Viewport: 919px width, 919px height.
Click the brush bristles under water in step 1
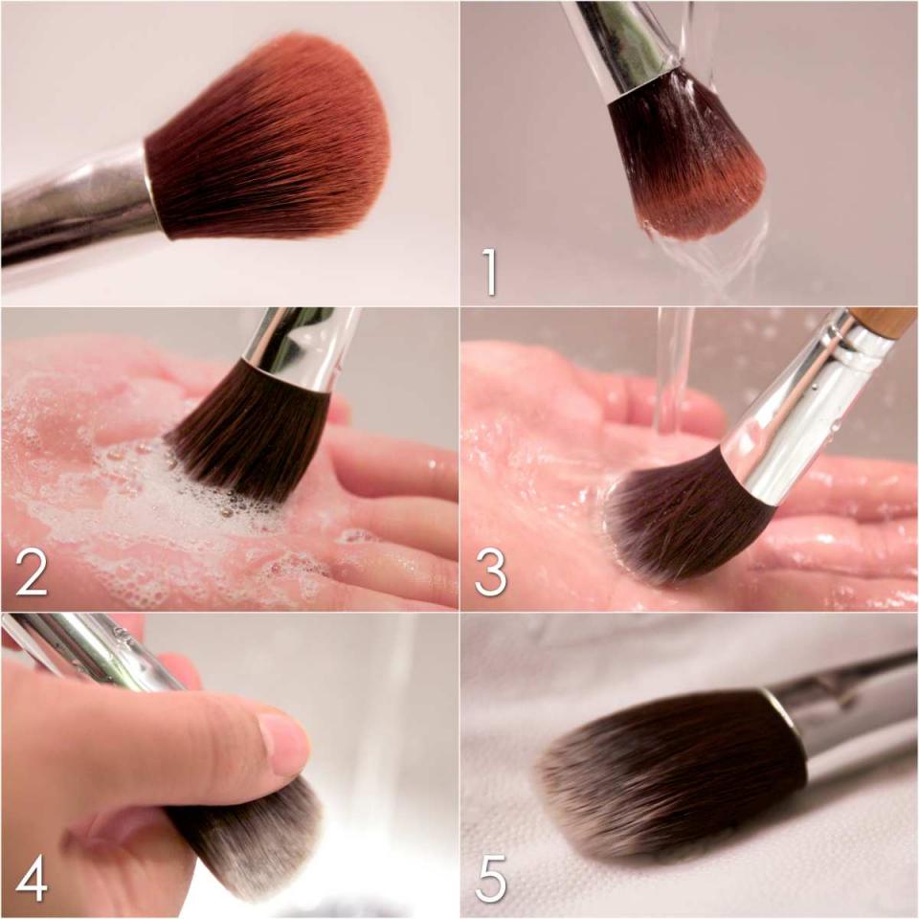pyautogui.click(x=685, y=158)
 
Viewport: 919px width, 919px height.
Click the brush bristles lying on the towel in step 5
pyautogui.click(x=668, y=773)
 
